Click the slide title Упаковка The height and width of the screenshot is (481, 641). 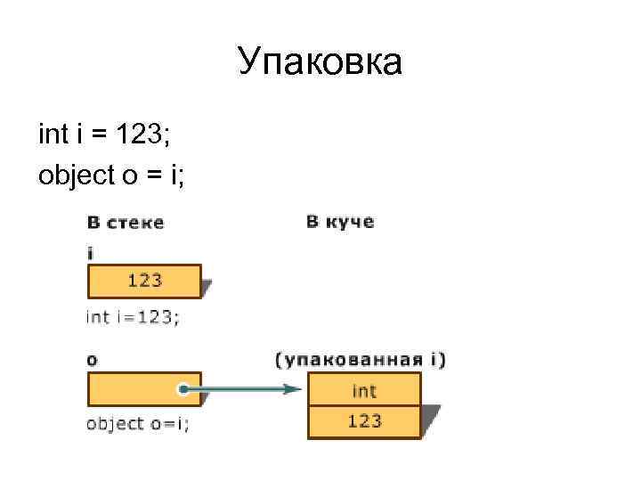[x=320, y=63]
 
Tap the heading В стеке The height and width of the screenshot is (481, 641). [x=126, y=223]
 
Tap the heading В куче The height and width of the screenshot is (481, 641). [x=340, y=221]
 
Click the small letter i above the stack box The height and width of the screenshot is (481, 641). [x=90, y=253]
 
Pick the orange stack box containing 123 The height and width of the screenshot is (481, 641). [x=144, y=281]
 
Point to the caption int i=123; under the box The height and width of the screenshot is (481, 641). [x=133, y=316]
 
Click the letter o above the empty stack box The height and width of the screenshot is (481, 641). [x=92, y=361]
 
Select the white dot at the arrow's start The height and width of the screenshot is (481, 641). [x=182, y=389]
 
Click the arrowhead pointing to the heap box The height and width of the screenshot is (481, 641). [x=289, y=389]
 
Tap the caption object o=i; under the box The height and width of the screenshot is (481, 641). [x=138, y=424]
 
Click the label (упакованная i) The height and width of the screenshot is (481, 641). [x=361, y=360]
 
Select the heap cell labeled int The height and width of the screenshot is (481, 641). [x=364, y=390]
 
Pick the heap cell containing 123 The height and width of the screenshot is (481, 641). [x=364, y=421]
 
